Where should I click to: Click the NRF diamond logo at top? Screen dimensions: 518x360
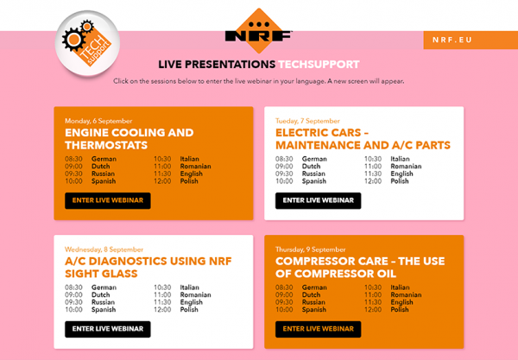tap(259, 31)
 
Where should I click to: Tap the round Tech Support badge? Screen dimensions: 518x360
tap(87, 43)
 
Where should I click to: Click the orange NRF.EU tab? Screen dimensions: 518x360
tap(471, 40)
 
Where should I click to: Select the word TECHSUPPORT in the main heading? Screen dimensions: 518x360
tap(319, 65)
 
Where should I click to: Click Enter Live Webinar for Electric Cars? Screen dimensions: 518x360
tap(318, 200)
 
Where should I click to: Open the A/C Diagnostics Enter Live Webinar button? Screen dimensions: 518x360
tap(108, 329)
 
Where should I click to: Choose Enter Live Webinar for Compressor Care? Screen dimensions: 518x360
tap(318, 329)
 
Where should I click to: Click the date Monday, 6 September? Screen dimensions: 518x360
tap(98, 121)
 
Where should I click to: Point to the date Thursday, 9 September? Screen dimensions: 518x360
tap(311, 249)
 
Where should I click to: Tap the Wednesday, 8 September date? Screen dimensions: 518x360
tap(104, 249)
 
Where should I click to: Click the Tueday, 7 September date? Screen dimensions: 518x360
tap(307, 121)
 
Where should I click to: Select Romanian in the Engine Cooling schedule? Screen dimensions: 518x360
tap(196, 166)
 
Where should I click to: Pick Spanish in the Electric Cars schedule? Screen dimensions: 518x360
tap(314, 181)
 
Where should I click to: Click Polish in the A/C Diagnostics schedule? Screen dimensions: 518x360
tap(189, 309)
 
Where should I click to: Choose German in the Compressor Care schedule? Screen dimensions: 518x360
tap(314, 287)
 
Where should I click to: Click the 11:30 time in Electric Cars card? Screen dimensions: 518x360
tap(373, 174)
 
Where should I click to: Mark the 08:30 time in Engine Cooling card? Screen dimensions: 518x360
tap(73, 159)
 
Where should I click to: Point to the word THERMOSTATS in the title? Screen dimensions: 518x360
tap(106, 145)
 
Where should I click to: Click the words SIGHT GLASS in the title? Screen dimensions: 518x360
tap(101, 274)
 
